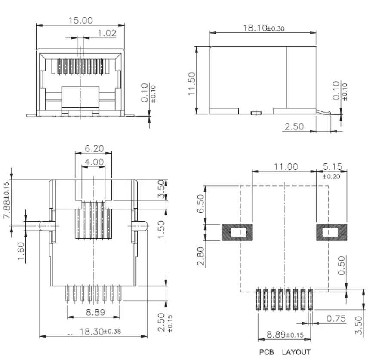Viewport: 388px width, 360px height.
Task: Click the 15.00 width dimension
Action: pos(80,20)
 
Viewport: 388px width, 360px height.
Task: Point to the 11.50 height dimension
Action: pos(192,83)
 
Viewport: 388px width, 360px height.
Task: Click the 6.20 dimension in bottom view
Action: pos(94,148)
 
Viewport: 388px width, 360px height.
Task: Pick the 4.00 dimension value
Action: pos(94,162)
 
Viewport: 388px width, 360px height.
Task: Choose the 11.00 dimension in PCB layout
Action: pos(284,166)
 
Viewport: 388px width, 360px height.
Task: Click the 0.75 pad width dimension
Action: pos(336,319)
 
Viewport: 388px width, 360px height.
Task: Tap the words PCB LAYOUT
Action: pos(284,352)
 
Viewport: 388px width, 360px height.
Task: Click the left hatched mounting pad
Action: pos(237,233)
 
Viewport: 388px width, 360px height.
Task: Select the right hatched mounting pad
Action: pos(332,233)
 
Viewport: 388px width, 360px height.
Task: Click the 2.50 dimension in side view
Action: pos(294,126)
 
